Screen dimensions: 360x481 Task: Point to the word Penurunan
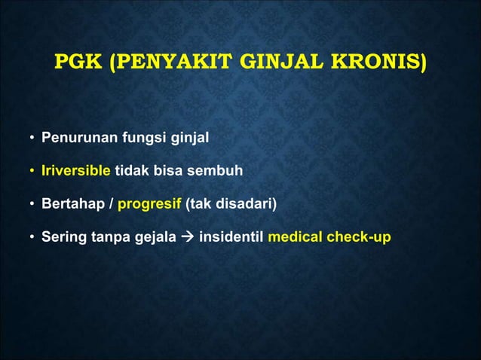coord(75,139)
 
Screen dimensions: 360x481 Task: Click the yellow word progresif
coord(151,204)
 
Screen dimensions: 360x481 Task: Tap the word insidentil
coord(231,237)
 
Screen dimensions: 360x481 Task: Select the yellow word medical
coord(295,237)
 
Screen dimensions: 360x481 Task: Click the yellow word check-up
coord(358,237)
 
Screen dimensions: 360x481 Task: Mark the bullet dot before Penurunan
coord(32,139)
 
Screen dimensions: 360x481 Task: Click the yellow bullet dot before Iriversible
coord(32,172)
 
